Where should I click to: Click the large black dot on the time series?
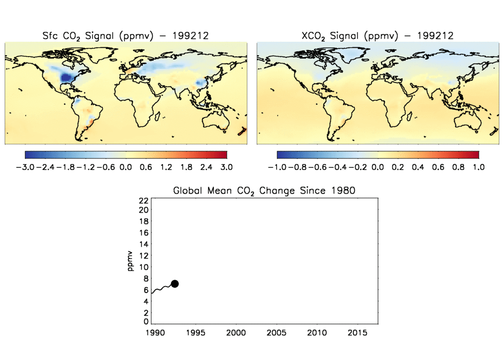click(x=174, y=284)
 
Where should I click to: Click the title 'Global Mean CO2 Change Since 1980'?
click(x=263, y=191)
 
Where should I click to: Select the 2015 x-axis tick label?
click(x=357, y=333)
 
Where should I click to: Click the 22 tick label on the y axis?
click(x=143, y=200)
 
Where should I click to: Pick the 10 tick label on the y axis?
click(x=143, y=267)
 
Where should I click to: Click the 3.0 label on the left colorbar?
click(x=226, y=167)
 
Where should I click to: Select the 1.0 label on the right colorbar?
click(x=478, y=167)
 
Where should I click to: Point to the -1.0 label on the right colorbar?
click(x=277, y=167)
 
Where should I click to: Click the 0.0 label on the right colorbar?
click(x=378, y=167)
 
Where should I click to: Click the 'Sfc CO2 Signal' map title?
click(x=126, y=35)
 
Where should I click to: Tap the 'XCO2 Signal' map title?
click(x=377, y=35)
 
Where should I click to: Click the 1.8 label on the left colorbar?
click(x=186, y=167)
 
